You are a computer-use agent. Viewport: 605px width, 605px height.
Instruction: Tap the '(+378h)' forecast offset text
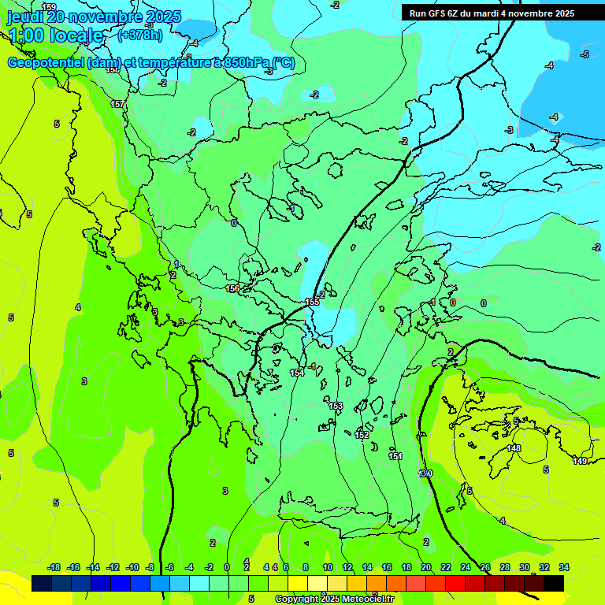[140, 35]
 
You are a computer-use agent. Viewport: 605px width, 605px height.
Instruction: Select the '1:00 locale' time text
[55, 35]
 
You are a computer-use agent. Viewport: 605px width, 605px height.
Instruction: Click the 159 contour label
[49, 7]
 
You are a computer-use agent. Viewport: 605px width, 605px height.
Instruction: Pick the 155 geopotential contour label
[313, 302]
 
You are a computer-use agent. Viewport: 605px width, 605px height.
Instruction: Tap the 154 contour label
[297, 373]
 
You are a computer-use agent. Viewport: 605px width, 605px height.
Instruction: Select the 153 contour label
[336, 406]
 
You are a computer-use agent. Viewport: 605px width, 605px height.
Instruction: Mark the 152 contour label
[362, 435]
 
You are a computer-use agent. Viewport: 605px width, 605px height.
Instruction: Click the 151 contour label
[395, 456]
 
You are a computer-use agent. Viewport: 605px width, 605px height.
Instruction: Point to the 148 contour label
[514, 448]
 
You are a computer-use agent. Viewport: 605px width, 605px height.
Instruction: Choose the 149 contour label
[580, 461]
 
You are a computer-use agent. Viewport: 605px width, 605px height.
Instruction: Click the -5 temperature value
[585, 54]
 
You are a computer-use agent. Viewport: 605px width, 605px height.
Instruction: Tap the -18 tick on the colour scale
[54, 568]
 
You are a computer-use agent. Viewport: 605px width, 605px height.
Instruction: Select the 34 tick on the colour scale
[564, 568]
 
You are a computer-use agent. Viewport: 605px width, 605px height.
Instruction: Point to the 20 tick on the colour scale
[426, 568]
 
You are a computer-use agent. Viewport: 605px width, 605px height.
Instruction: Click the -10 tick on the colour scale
[132, 568]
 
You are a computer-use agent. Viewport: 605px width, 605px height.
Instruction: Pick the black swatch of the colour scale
[554, 583]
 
